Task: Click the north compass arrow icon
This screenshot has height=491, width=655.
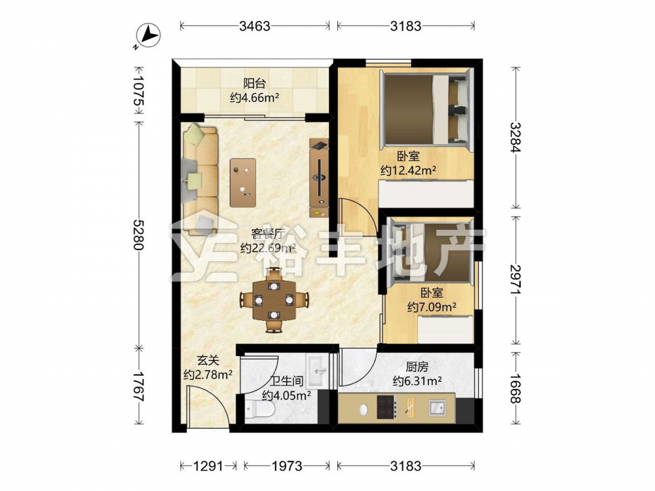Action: point(148,35)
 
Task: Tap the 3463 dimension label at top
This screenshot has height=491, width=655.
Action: point(255,26)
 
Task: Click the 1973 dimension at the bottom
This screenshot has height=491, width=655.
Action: point(287,465)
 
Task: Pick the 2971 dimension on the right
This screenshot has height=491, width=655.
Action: point(516,280)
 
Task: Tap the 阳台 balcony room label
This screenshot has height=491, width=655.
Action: point(254,84)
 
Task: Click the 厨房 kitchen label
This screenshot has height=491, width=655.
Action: point(417,367)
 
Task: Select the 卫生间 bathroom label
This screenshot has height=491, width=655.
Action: point(286,381)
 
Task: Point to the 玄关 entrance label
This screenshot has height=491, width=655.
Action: point(208,360)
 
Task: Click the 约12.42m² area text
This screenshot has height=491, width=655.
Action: point(408,171)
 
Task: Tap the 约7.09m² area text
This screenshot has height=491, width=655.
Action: point(432,307)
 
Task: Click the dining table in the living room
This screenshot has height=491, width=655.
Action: point(274,300)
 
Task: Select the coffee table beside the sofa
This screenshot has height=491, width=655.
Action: point(243,183)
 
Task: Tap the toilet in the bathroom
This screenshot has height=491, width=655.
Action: point(260,407)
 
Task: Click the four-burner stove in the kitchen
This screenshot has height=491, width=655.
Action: point(387,407)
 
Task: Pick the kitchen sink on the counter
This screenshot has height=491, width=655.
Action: point(438,407)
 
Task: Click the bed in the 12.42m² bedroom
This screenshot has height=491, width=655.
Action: point(426,110)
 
